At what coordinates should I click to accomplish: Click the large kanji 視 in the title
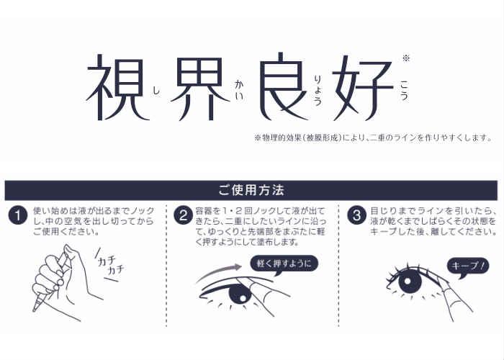tap(117, 87)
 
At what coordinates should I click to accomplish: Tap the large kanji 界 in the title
tap(201, 89)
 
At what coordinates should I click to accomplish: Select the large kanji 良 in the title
tap(284, 86)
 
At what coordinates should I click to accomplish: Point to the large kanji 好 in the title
tap(363, 87)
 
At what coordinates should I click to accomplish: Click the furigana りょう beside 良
tap(318, 90)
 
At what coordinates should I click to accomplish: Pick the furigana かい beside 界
tap(239, 90)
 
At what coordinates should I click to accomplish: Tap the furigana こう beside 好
tap(404, 91)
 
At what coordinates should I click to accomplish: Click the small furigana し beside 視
tap(156, 91)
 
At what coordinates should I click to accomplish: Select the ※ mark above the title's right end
tap(406, 58)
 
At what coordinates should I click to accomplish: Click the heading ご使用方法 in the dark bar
tap(251, 190)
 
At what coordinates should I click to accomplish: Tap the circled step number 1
tap(18, 215)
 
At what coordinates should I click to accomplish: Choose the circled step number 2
tap(184, 215)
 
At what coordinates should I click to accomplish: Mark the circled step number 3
tap(357, 215)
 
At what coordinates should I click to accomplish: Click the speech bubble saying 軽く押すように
tap(284, 264)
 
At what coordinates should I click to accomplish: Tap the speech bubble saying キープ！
tap(468, 267)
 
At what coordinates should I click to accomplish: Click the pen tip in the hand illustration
tap(34, 309)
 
